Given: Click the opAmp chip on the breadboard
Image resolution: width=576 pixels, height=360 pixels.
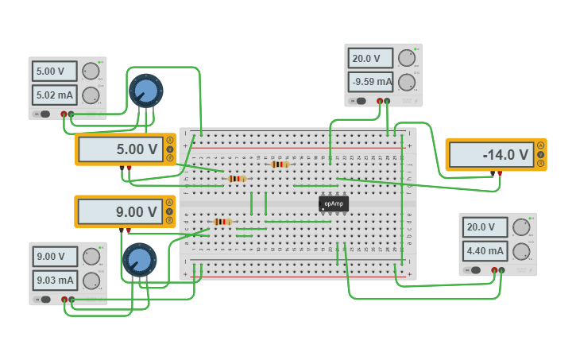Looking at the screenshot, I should (334, 203).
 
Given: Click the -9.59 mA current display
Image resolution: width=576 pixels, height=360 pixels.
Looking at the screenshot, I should (371, 82).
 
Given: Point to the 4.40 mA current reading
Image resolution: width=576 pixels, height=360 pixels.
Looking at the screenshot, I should (485, 251).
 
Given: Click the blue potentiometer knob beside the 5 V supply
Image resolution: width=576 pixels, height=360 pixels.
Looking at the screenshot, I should (146, 91).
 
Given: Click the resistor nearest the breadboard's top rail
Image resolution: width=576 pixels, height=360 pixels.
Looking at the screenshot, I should (280, 165).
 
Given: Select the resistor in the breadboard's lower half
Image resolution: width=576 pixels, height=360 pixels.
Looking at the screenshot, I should (222, 222).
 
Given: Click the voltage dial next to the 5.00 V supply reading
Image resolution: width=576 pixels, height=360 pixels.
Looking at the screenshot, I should (91, 72).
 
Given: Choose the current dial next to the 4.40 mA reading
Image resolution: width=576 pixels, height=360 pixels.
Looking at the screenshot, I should (521, 251).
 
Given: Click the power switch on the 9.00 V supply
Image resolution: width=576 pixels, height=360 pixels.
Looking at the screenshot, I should (45, 299).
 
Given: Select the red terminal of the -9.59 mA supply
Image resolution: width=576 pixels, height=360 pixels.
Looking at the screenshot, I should (380, 101).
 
